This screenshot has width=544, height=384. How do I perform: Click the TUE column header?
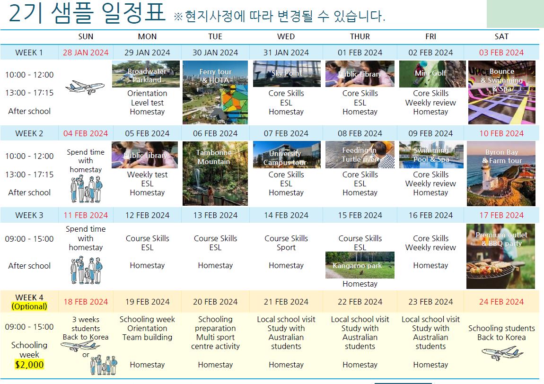pos(215,36)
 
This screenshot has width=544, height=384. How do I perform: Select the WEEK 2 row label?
pos(29,133)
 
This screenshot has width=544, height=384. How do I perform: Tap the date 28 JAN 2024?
pos(86,52)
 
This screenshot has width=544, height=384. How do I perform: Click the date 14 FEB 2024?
pos(286,216)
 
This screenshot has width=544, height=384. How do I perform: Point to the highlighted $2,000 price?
pos(29,365)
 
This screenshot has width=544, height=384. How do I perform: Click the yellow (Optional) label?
pos(29,306)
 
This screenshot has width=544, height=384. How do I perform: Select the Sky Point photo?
pos(287,74)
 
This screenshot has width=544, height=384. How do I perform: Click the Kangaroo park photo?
pos(360,265)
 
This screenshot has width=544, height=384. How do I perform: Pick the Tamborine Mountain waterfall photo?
pos(215,174)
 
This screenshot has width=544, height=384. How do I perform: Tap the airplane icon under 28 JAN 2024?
pos(85,87)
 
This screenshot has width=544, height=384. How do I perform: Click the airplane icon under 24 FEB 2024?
pos(502,353)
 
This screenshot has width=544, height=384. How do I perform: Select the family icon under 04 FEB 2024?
pos(87,189)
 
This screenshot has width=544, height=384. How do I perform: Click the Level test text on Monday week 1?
pos(147,103)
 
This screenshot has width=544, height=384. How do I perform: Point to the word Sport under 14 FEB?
pos(286,248)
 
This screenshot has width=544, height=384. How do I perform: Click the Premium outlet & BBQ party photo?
pos(500,256)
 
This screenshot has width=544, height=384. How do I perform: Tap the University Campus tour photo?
pos(287,155)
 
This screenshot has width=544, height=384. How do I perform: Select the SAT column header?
pos(501,36)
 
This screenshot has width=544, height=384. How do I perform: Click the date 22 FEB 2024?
pos(360,302)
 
